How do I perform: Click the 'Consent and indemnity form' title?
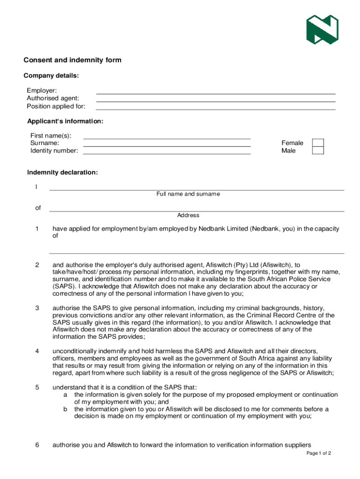72,60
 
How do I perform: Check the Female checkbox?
318,143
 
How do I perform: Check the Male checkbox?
318,151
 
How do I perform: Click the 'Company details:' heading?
51,75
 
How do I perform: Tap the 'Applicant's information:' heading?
65,121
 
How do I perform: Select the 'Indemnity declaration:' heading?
63,173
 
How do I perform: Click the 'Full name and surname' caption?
188,194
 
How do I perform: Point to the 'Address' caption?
188,215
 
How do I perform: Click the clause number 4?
37,351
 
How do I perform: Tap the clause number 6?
37,445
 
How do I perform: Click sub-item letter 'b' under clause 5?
65,409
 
